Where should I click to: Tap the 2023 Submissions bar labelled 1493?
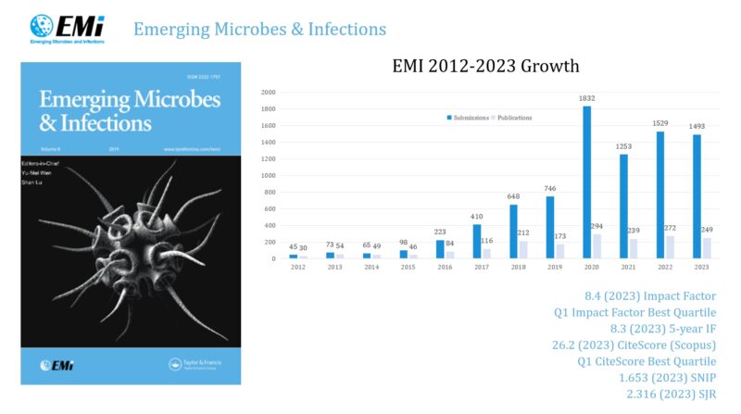697,197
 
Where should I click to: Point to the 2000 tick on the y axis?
268,93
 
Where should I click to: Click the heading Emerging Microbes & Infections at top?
259,29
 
